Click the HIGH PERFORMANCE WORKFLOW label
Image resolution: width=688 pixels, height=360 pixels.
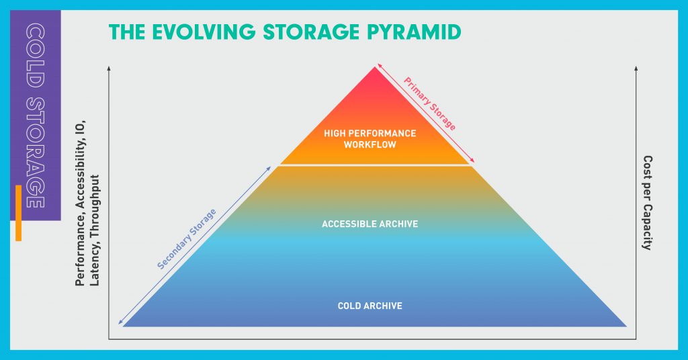(x=370, y=139)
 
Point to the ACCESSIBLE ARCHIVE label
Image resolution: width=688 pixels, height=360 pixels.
(x=370, y=224)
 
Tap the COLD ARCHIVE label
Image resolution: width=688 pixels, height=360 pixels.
(x=370, y=306)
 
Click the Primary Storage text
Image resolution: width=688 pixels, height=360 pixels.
(x=429, y=104)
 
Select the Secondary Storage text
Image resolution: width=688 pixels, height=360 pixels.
(x=187, y=239)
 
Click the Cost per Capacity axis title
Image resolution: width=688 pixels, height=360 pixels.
(x=647, y=203)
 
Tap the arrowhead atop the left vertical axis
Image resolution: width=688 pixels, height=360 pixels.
(x=109, y=68)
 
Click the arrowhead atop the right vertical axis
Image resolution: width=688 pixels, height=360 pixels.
(x=636, y=68)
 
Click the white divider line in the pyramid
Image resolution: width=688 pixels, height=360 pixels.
(x=376, y=165)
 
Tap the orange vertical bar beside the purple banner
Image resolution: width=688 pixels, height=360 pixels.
(x=18, y=213)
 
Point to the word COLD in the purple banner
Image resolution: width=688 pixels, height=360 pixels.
(x=36, y=55)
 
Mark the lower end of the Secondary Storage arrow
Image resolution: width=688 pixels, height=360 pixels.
(x=120, y=324)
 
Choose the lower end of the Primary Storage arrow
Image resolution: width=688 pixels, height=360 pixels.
(x=474, y=163)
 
